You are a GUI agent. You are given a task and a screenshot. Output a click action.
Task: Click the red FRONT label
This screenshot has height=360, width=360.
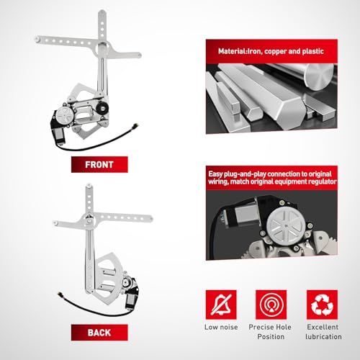click(99, 164)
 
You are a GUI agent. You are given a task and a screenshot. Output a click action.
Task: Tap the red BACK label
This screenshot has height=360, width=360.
click(99, 333)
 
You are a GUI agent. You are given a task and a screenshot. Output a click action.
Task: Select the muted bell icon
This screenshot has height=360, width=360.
click(221, 305)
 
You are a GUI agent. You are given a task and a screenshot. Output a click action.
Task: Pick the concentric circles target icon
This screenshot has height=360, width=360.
click(271, 305)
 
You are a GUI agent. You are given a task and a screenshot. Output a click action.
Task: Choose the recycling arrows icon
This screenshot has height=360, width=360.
click(322, 305)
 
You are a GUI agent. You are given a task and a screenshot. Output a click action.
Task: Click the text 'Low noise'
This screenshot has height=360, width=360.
click(221, 327)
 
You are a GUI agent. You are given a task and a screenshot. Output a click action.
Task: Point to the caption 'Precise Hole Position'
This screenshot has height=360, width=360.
click(270, 332)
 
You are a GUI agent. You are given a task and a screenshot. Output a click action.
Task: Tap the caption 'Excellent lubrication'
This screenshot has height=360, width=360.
click(323, 332)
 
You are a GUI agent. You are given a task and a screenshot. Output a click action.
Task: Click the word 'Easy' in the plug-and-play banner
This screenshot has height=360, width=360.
click(215, 174)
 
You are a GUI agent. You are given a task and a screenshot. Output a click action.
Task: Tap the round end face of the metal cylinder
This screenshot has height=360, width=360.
click(320, 77)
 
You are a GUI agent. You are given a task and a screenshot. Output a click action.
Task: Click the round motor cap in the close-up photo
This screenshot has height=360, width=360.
click(286, 225)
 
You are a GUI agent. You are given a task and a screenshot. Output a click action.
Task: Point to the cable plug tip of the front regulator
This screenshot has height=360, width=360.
click(135, 125)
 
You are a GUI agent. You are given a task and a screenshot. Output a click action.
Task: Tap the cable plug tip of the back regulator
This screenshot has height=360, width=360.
click(59, 294)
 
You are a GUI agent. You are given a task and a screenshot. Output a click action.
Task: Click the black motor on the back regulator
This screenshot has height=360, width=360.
click(132, 294)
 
